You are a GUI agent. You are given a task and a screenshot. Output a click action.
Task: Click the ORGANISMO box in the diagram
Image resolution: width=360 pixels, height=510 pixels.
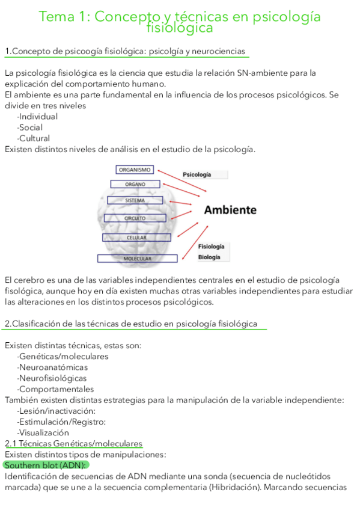135,170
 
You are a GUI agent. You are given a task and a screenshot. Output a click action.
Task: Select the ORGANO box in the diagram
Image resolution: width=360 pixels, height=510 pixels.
136,184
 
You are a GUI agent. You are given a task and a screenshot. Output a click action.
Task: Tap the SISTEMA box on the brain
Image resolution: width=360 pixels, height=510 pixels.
135,200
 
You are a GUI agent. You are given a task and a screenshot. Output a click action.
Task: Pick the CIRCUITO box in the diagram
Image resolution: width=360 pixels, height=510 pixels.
135,218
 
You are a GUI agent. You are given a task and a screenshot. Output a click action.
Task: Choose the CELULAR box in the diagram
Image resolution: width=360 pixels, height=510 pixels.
136,238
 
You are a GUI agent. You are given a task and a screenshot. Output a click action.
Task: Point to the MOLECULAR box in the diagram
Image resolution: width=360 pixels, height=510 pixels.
137,259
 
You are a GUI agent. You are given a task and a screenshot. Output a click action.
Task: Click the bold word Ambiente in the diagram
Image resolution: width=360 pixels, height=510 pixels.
230,210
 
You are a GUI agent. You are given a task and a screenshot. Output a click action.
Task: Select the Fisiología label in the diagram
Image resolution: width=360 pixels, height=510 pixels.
212,247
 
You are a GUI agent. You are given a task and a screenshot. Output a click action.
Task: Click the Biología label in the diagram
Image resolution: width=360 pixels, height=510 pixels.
209,257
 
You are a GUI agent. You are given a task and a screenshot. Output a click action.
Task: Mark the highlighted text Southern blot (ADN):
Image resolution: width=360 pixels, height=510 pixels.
46,465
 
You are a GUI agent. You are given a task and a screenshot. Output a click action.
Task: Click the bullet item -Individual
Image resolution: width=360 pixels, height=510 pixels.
37,117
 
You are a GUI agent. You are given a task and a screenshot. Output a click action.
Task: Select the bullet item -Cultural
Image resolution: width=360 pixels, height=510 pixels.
34,138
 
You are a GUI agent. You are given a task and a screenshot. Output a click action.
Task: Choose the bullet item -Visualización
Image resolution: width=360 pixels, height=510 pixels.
43,432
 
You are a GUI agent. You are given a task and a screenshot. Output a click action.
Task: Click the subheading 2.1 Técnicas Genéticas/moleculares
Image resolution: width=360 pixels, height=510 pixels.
73,443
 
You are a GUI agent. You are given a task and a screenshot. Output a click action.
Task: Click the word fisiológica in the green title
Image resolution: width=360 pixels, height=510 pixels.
179,28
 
